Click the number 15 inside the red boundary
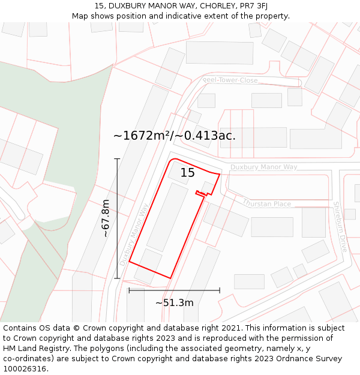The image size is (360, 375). tap(188, 173)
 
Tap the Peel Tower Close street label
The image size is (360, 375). tap(230, 80)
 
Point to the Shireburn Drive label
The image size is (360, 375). tap(340, 226)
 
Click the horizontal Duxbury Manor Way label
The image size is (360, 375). tap(263, 167)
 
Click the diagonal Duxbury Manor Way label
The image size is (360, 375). tap(134, 234)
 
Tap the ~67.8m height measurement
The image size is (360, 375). tap(106, 218)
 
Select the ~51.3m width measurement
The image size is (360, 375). tap(174, 303)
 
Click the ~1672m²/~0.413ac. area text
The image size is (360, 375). tap(174, 136)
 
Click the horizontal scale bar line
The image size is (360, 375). tap(174, 290)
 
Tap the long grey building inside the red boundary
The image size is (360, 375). tap(167, 217)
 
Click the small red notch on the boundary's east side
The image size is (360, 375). tap(202, 193)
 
